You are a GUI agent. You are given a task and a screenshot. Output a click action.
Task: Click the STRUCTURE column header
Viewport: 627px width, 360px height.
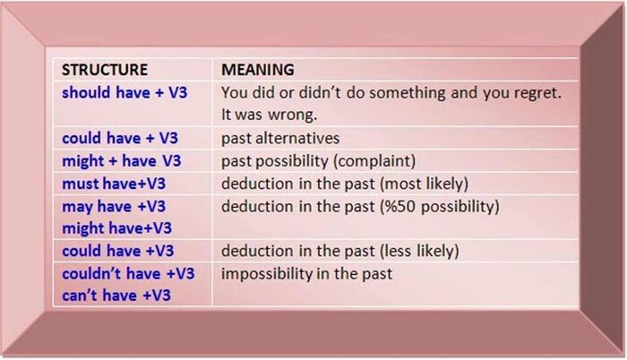pos(104,69)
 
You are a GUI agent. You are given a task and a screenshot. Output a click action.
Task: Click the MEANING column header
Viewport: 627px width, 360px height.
pos(258,69)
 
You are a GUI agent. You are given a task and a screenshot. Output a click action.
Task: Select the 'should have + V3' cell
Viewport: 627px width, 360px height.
pos(125,92)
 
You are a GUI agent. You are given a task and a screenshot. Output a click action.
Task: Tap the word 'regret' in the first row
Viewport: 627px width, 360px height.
pos(535,92)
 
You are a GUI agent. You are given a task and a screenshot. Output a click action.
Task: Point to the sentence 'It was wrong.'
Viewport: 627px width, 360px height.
pos(267,116)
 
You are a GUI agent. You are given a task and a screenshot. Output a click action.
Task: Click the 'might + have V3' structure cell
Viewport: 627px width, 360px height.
pos(121,162)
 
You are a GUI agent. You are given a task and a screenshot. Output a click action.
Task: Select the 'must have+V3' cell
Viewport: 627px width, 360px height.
pos(114,184)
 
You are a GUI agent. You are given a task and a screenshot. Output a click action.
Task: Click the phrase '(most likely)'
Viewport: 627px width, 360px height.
pos(422,184)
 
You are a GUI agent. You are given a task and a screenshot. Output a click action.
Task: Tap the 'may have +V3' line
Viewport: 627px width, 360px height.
pos(114,207)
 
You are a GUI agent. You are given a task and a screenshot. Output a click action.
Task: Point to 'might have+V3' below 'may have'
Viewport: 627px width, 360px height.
pos(116,227)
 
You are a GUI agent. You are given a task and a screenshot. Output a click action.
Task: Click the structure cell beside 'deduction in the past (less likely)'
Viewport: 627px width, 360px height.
pos(117,251)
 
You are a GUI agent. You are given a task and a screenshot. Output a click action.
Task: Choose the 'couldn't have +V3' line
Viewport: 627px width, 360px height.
pos(129,273)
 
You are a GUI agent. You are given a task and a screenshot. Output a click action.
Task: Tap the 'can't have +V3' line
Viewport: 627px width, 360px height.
pos(116,296)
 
